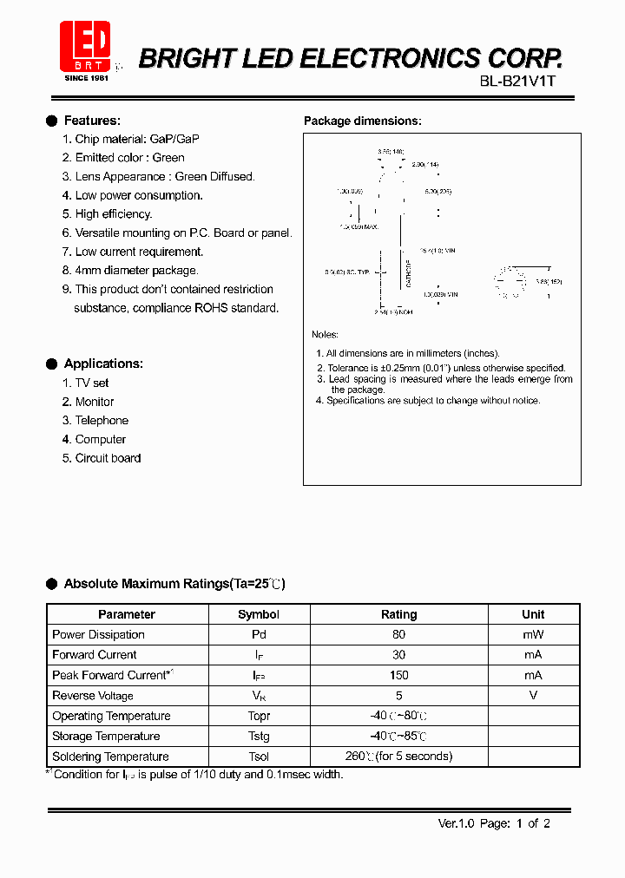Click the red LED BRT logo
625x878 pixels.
tap(85, 46)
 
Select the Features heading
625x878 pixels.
tap(92, 121)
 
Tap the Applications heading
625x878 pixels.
tap(103, 364)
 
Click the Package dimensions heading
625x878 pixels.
tap(362, 121)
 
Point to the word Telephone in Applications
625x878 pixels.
tap(102, 421)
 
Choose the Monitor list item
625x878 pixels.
tap(95, 402)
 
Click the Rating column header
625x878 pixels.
tap(398, 614)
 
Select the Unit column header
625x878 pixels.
tap(533, 614)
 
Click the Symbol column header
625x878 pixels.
tap(259, 614)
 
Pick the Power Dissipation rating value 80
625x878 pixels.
tap(398, 634)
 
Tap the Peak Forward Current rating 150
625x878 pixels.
tap(398, 675)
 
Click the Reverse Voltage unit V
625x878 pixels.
tap(533, 695)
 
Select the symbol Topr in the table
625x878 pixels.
tap(259, 716)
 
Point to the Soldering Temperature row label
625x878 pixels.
tap(110, 757)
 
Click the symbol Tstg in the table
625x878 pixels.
tap(259, 736)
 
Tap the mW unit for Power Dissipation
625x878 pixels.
tap(533, 634)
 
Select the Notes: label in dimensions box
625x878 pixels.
tap(325, 335)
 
